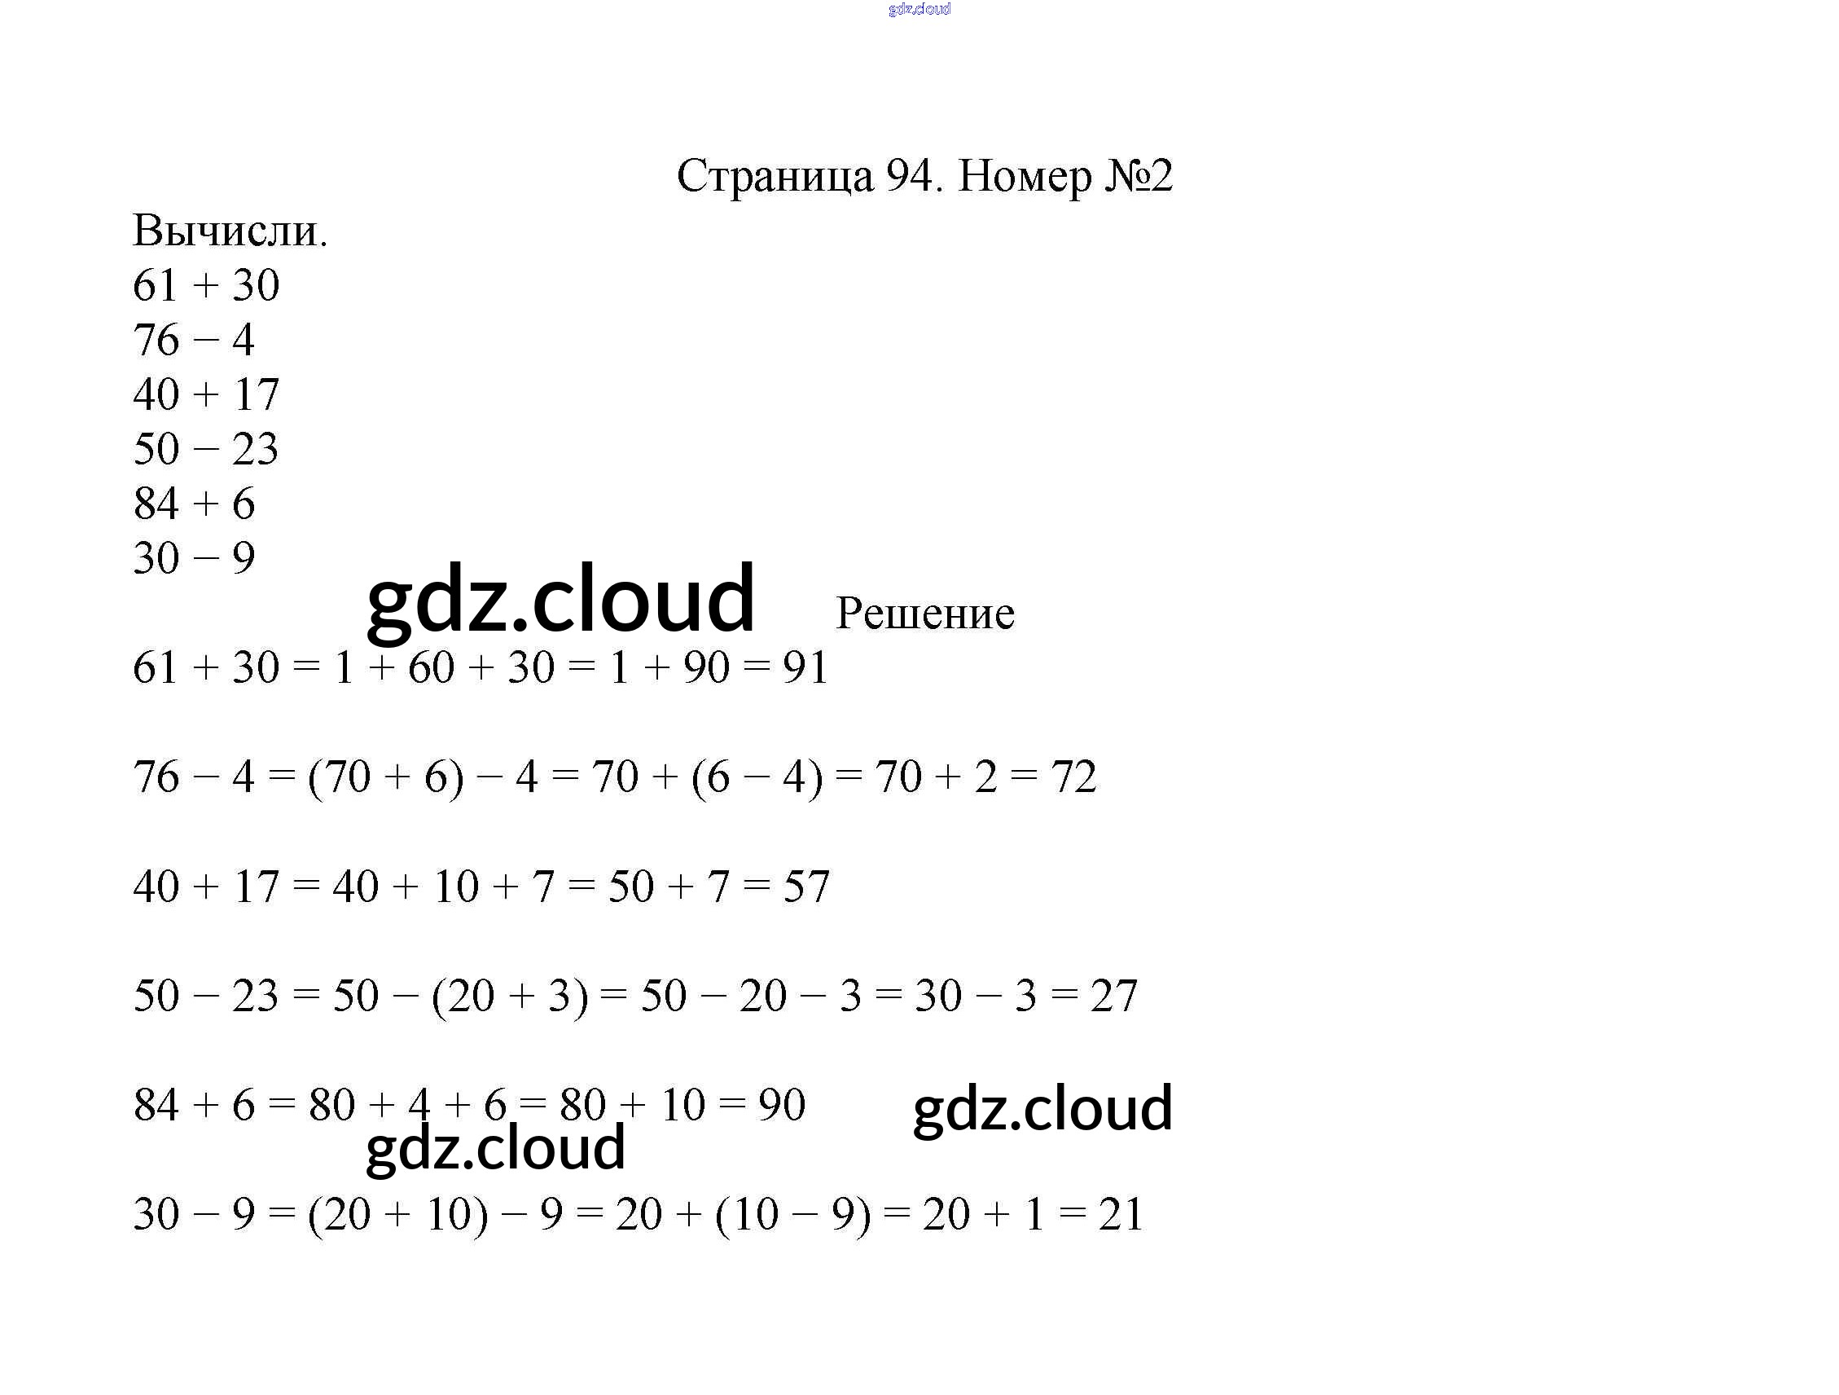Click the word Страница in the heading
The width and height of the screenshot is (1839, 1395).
click(x=775, y=177)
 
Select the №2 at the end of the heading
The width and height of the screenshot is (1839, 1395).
click(x=1138, y=175)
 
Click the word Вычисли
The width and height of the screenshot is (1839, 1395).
click(x=230, y=231)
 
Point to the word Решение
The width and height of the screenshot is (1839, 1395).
click(x=924, y=614)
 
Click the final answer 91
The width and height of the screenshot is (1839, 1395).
click(x=805, y=668)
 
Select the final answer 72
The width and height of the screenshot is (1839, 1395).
click(x=1073, y=777)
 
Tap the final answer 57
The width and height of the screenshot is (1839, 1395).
click(x=805, y=887)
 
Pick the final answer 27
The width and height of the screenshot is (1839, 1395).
click(x=1113, y=996)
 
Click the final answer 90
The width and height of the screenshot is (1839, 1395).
click(x=782, y=1106)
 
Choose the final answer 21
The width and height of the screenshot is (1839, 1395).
click(x=1121, y=1214)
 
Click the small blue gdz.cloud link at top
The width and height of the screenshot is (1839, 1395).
click(x=919, y=9)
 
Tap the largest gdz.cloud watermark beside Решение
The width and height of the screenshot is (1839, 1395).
click(x=560, y=599)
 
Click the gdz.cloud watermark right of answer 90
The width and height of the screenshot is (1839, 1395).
click(x=1042, y=1108)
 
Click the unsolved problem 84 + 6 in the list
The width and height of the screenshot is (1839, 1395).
click(x=194, y=504)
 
